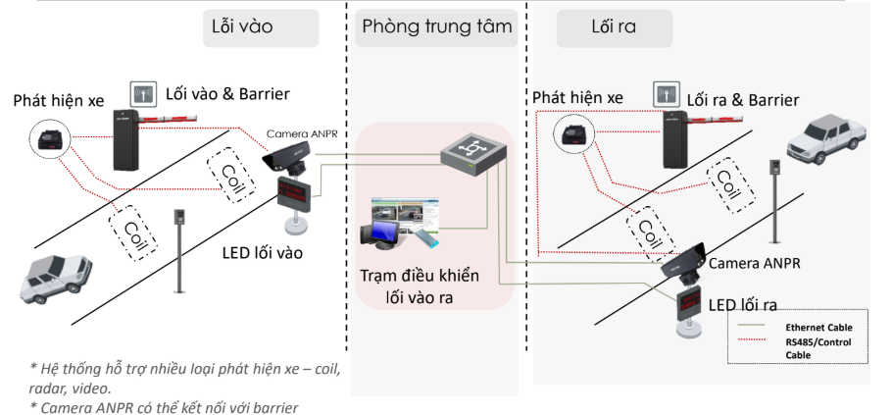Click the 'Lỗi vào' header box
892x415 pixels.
coord(260,27)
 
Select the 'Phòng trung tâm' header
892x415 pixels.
coord(437,27)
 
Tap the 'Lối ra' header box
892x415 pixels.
coord(615,27)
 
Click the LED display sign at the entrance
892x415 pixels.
coord(292,191)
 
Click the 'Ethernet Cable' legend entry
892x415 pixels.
coord(818,327)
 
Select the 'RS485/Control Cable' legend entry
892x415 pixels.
coord(818,348)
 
